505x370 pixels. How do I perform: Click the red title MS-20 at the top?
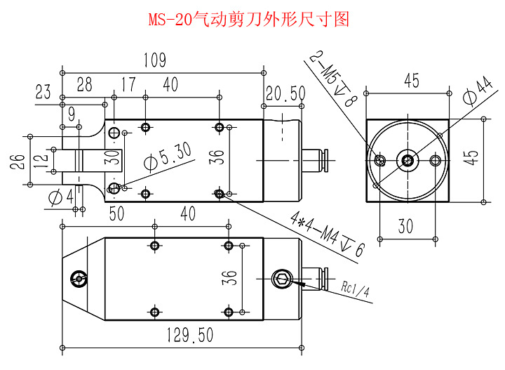tap(170, 20)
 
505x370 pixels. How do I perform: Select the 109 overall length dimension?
tap(155, 60)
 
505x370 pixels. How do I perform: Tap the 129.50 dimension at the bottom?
tap(190, 335)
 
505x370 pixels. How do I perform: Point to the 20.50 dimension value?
tap(285, 93)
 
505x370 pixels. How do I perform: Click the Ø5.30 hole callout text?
tap(168, 157)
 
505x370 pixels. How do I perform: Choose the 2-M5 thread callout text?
tap(334, 78)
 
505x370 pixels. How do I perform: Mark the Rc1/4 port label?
tap(355, 289)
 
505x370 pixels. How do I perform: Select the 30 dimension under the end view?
tap(405, 226)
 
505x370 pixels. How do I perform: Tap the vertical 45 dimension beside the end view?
tap(472, 157)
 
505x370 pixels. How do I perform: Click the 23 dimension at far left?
tap(43, 91)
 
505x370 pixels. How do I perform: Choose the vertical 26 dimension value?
tap(17, 161)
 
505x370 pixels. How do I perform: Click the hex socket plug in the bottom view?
tap(283, 279)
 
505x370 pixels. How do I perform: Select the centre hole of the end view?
tap(408, 159)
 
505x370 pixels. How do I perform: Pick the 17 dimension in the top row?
tap(128, 84)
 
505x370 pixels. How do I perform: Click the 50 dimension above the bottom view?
tap(116, 213)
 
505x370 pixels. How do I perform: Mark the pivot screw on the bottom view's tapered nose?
tap(79, 279)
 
